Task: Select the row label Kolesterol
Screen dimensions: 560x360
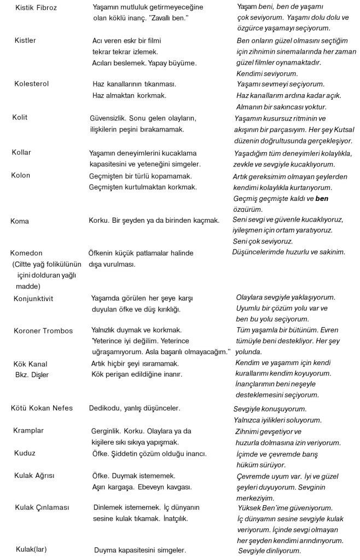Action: coord(31,84)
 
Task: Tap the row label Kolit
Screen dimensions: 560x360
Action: coord(20,118)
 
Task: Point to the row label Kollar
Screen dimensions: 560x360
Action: coord(21,152)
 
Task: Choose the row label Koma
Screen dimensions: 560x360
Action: coord(20,221)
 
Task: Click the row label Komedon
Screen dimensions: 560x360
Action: coord(26,253)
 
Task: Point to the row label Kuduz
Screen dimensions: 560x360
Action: coord(25,453)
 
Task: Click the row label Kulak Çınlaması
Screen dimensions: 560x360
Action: coord(42,507)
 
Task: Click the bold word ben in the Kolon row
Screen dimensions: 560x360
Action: coord(322,198)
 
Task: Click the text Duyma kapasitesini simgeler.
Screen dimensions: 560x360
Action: coord(140,550)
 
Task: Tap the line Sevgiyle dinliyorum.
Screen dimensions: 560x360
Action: coord(270,550)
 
